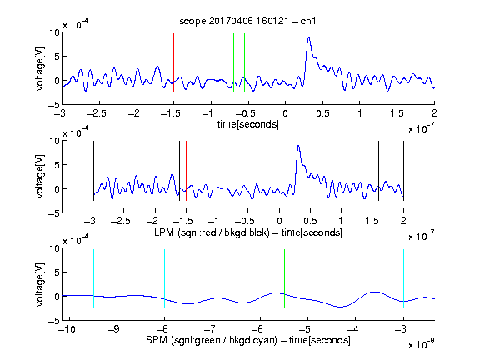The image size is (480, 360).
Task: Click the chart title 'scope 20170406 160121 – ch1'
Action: click(x=247, y=21)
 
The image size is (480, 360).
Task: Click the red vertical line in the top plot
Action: click(x=173, y=62)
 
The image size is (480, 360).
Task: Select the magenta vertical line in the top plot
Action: click(x=397, y=62)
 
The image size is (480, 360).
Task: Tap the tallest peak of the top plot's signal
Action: click(x=309, y=38)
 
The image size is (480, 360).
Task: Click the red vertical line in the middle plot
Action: click(x=186, y=171)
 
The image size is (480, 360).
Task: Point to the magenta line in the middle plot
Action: click(x=372, y=171)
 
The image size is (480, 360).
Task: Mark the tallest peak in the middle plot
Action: click(x=298, y=146)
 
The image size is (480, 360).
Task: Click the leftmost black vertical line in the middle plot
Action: click(x=93, y=171)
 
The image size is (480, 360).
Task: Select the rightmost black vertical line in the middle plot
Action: click(x=404, y=171)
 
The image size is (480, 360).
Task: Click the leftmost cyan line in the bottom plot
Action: click(x=93, y=278)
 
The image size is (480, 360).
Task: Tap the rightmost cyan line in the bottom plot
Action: click(x=404, y=278)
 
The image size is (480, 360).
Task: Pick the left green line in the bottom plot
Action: click(x=212, y=278)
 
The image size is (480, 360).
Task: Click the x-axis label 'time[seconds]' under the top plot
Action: click(x=248, y=124)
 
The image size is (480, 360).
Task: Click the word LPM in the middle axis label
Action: click(x=164, y=232)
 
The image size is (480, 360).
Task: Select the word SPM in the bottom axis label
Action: click(x=157, y=340)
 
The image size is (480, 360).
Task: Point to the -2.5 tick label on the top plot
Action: click(x=96, y=113)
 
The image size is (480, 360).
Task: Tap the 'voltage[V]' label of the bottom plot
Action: click(x=40, y=284)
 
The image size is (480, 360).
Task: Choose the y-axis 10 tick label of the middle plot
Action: click(x=54, y=141)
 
